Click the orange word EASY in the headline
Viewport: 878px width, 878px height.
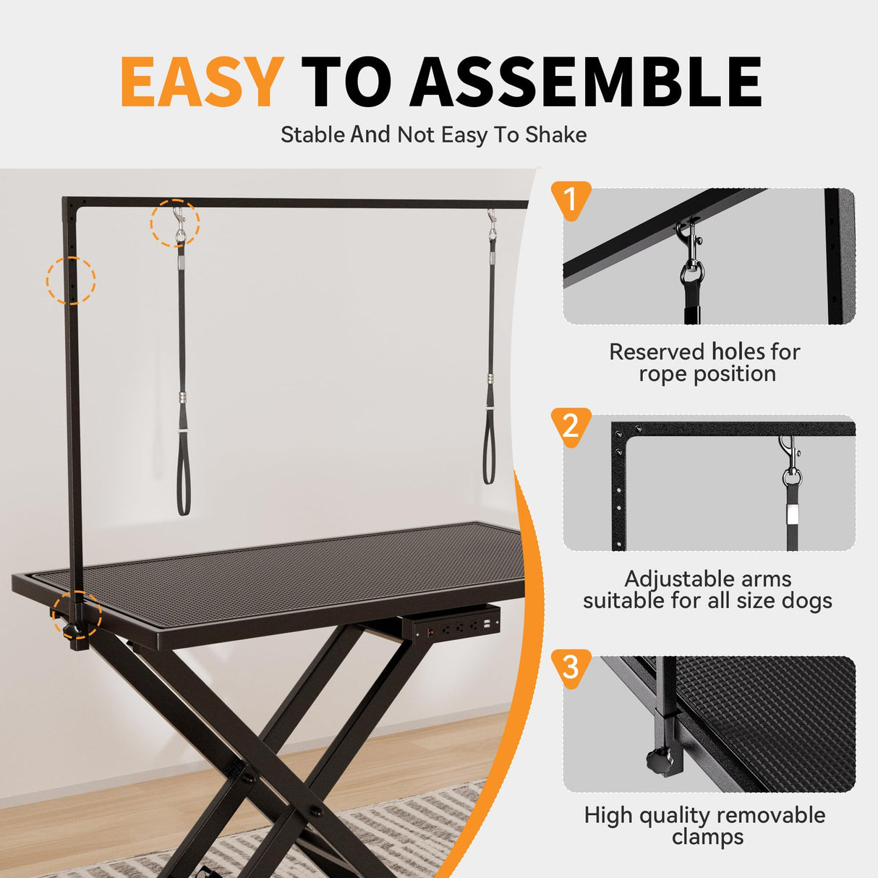point(201,82)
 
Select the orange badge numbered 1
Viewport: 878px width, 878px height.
point(571,200)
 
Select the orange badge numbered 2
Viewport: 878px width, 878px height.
point(571,426)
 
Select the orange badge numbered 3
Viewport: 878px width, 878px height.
point(571,666)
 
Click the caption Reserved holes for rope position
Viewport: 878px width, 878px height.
point(705,362)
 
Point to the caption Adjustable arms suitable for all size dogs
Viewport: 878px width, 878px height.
point(707,589)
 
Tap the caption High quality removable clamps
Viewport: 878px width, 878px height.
point(705,825)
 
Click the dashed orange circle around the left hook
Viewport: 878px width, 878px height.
point(175,223)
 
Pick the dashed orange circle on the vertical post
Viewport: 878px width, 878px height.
point(71,280)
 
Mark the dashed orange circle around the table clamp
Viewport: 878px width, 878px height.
point(77,615)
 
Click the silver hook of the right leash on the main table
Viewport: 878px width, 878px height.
point(492,222)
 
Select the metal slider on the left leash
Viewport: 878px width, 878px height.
point(183,398)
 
